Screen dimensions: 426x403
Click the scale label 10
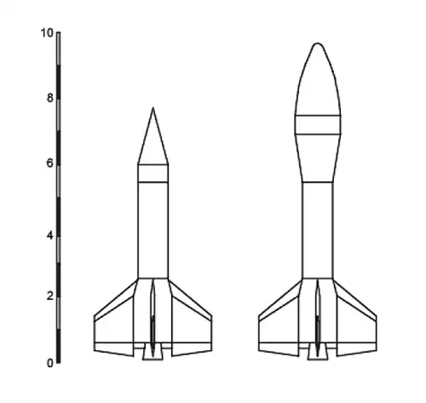(47, 33)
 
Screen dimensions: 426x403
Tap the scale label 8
(50, 98)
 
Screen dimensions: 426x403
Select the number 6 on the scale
(49, 163)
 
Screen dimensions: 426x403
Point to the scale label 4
(49, 235)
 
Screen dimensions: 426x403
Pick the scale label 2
(50, 296)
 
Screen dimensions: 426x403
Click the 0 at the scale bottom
(50, 363)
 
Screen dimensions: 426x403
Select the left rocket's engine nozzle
(153, 352)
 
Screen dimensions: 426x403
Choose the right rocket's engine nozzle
(318, 352)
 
